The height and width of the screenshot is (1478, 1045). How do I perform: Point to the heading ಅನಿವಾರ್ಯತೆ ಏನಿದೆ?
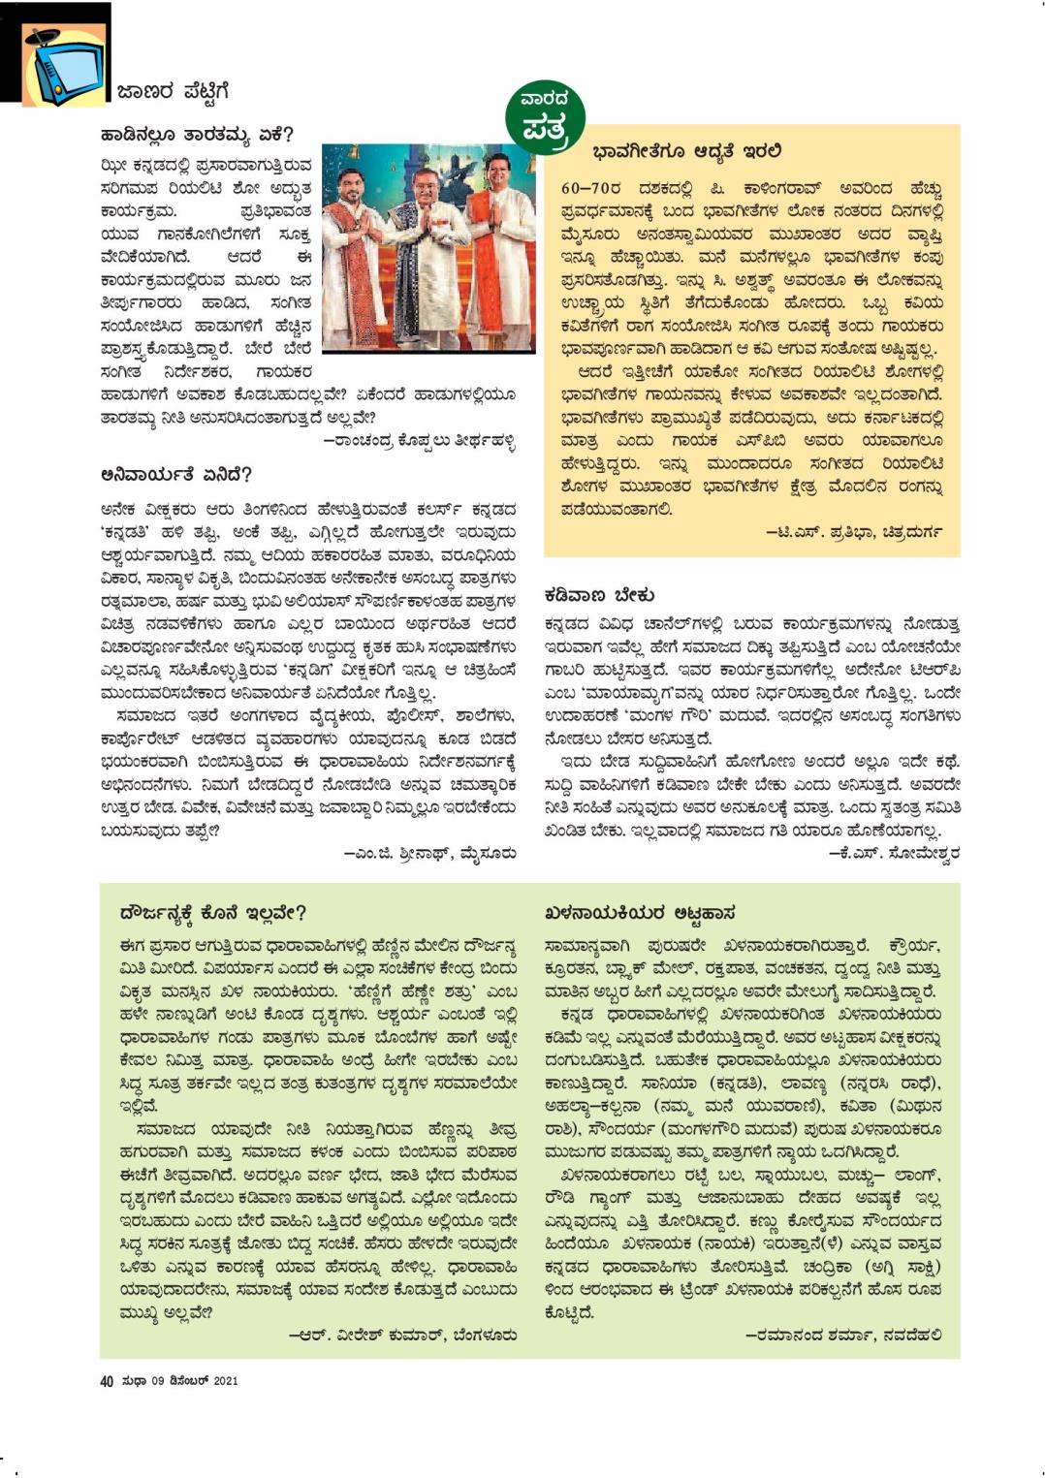pyautogui.click(x=176, y=475)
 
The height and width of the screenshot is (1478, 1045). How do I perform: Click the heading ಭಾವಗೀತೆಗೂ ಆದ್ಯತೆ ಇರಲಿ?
pyautogui.click(x=687, y=152)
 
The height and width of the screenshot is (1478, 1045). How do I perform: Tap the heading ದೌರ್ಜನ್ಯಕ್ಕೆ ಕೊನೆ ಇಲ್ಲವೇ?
pyautogui.click(x=213, y=912)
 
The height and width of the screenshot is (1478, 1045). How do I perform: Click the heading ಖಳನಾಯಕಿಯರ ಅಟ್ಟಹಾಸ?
pyautogui.click(x=640, y=912)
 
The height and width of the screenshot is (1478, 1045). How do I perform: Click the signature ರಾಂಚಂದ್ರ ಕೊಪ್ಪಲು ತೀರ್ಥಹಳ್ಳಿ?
pyautogui.click(x=419, y=442)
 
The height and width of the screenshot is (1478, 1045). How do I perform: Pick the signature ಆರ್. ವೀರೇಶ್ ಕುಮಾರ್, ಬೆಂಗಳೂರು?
pyautogui.click(x=402, y=1335)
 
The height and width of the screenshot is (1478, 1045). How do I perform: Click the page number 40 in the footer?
pyautogui.click(x=107, y=1380)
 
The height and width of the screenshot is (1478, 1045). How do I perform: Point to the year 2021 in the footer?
pyautogui.click(x=225, y=1380)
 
